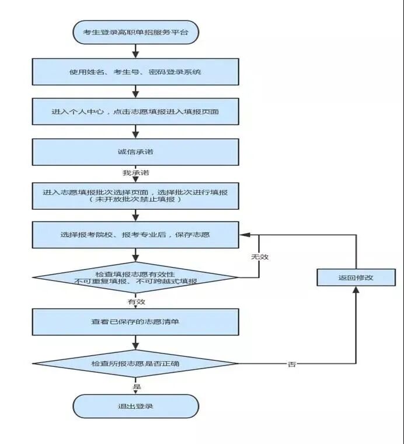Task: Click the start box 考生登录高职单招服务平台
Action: (x=135, y=32)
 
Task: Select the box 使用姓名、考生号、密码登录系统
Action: (x=135, y=72)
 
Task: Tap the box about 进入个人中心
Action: (x=135, y=111)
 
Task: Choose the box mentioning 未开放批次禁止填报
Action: (x=135, y=196)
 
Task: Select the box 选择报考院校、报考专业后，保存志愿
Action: (x=135, y=235)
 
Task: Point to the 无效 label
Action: (x=259, y=256)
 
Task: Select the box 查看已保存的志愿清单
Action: (x=135, y=322)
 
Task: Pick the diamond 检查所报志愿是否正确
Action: (x=135, y=363)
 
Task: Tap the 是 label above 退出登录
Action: (x=137, y=386)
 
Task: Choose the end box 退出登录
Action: (x=135, y=406)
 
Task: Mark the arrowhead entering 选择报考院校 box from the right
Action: (x=243, y=235)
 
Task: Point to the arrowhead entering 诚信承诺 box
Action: (x=135, y=136)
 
